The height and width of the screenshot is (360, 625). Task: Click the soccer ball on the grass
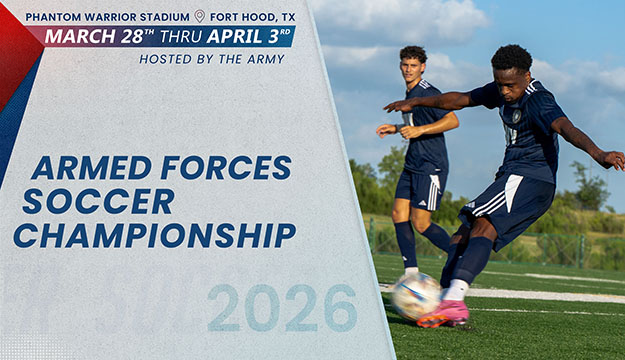pos(414,296)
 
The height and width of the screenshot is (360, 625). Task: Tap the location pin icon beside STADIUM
pos(199,16)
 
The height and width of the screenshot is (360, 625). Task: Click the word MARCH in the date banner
pos(77,37)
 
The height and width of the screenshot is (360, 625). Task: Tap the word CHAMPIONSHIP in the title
pos(154,236)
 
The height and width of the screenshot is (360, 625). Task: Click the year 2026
pos(282,308)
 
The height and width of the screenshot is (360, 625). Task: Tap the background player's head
pos(413,63)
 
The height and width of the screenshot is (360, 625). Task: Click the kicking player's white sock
pos(456,290)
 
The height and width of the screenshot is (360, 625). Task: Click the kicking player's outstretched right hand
pos(389,105)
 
